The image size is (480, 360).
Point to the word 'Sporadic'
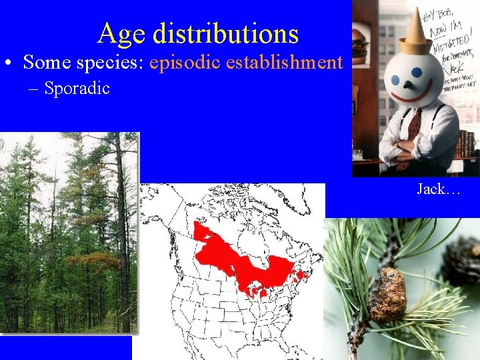click(x=77, y=88)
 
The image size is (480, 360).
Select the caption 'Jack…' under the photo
click(x=439, y=189)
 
